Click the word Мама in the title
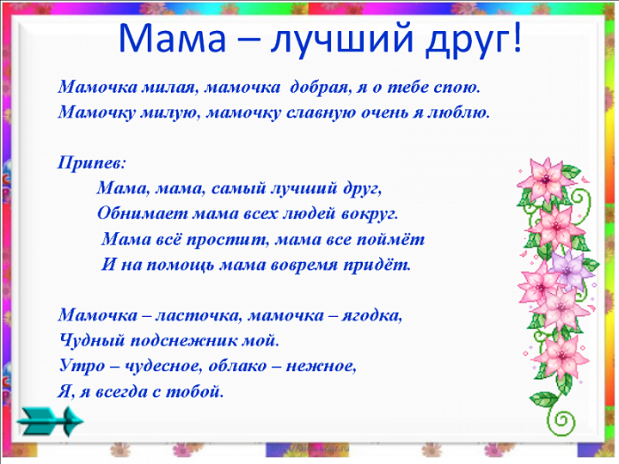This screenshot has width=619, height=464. (x=172, y=38)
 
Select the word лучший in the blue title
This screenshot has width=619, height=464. (x=342, y=40)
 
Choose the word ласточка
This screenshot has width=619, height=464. (x=198, y=315)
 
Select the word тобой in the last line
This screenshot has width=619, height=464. (x=194, y=392)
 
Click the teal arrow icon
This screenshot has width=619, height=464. (x=50, y=421)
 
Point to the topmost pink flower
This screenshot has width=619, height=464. (x=545, y=179)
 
